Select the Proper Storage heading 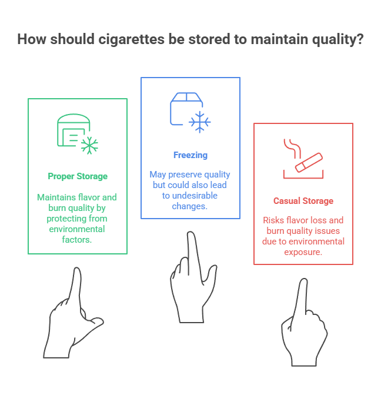(78, 176)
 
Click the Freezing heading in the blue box (190, 155)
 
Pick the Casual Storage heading (303, 201)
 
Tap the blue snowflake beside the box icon (199, 122)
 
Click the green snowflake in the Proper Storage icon (89, 145)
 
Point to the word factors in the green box (77, 239)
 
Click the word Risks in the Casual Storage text (272, 221)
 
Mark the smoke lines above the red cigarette (289, 147)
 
